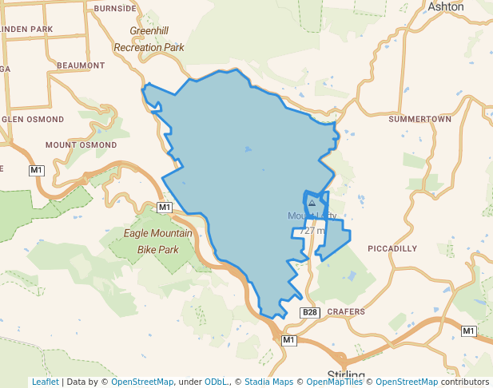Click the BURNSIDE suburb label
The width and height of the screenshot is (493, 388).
pos(115,8)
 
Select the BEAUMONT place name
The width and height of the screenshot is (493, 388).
pos(81,65)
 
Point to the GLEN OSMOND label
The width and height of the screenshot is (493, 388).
pos(32,119)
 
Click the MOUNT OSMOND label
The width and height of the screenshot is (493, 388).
pos(81,145)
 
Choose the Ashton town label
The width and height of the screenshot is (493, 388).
pos(446,6)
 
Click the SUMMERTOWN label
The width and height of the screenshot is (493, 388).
pos(419,119)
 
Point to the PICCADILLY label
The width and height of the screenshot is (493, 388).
pos(392,249)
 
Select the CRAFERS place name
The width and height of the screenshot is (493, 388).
pos(345,311)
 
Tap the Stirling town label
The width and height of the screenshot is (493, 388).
pos(347,375)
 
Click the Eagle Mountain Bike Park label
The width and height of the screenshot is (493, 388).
pos(157,241)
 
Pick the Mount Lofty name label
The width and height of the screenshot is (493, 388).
pos(312,216)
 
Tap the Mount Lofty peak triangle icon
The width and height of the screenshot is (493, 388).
pos(312,204)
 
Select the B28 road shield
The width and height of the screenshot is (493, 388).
pos(310,311)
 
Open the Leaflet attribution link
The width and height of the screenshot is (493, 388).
pos(45,382)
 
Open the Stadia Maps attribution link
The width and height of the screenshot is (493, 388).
pos(270,382)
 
